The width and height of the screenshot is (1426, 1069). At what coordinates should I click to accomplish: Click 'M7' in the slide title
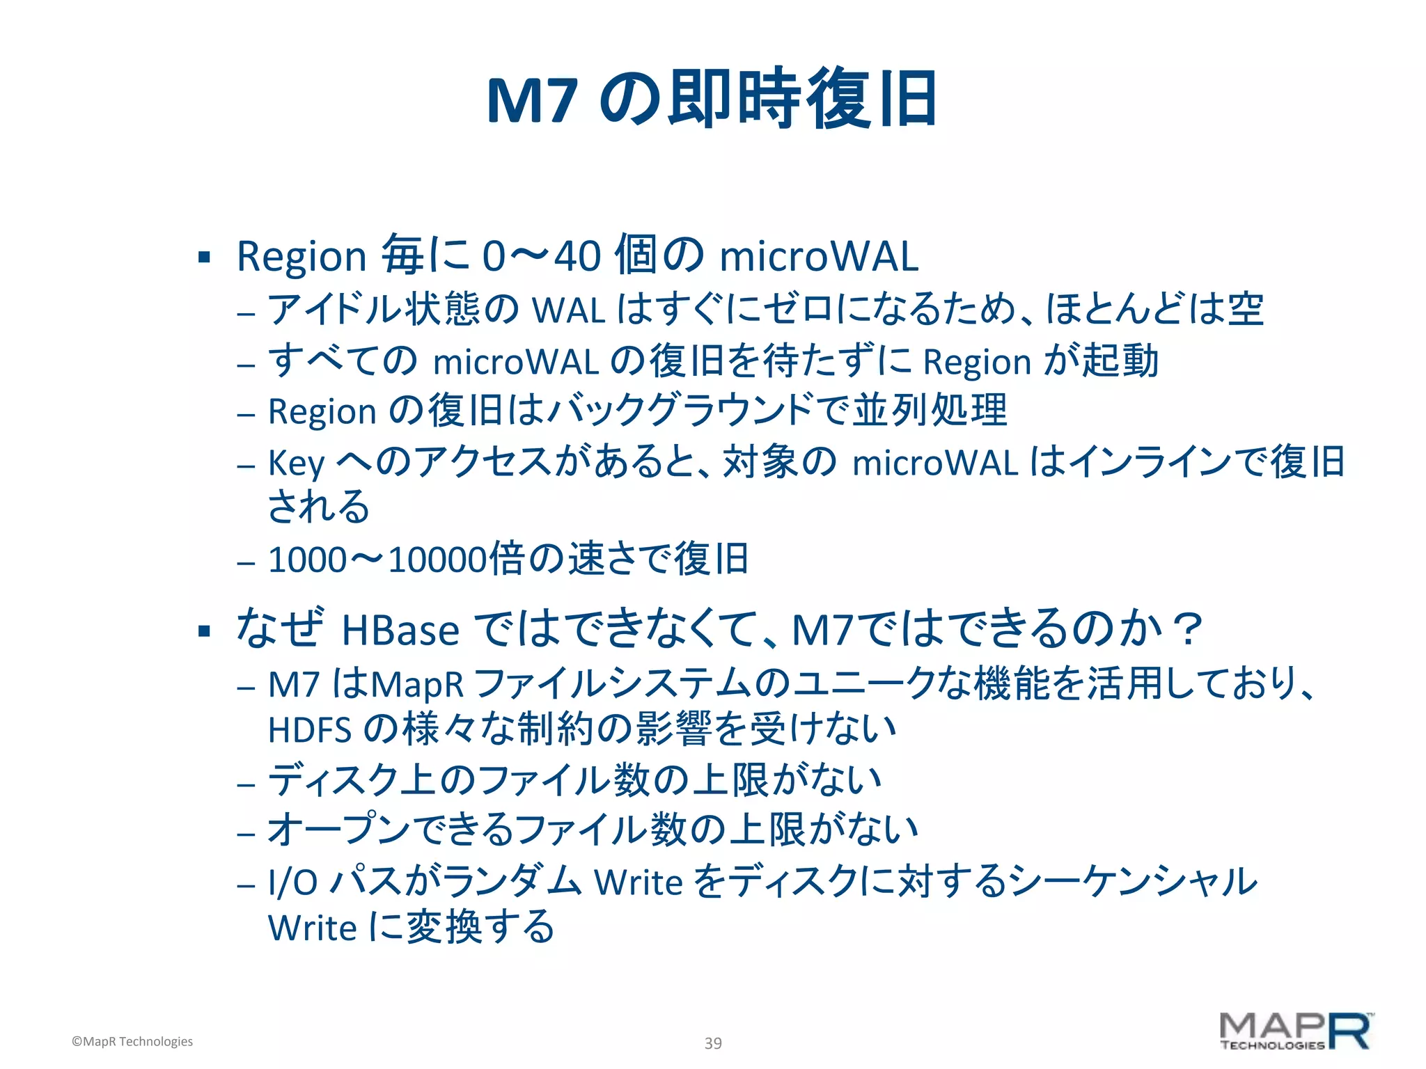(x=532, y=101)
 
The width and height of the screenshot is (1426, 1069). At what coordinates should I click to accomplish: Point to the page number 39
(x=713, y=1043)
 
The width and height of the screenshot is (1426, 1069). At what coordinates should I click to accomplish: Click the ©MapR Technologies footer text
(x=132, y=1041)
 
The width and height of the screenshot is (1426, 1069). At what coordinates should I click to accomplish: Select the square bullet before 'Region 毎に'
(x=204, y=258)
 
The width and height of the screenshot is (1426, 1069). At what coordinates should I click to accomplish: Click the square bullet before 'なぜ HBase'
(x=204, y=631)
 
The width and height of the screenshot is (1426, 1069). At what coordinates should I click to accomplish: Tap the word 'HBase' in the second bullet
(x=400, y=631)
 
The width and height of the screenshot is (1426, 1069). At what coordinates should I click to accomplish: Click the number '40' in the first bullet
(x=577, y=256)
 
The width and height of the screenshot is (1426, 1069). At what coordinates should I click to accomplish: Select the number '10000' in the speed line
(x=437, y=560)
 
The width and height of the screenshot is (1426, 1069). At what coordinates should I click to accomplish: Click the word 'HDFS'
(x=310, y=730)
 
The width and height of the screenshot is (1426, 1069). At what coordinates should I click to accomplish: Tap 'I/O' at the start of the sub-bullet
(x=292, y=882)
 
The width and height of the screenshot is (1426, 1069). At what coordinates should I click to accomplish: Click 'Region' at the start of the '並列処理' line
(x=322, y=411)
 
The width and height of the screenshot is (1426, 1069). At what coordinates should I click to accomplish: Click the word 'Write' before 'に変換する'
(x=312, y=928)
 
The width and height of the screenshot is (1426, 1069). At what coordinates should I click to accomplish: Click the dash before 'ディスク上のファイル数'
(x=246, y=784)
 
